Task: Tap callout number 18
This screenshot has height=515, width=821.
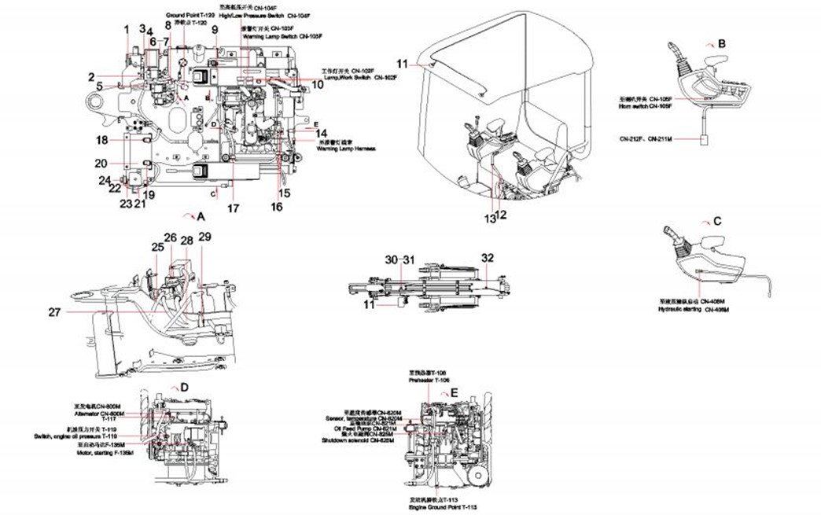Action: (101, 140)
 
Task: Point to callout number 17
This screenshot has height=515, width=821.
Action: (233, 209)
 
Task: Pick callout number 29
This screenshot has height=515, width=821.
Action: (204, 237)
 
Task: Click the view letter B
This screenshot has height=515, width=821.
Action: (721, 44)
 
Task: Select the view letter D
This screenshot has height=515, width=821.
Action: (184, 388)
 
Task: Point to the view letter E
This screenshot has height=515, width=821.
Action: (455, 392)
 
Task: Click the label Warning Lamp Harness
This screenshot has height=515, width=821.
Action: (346, 148)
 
